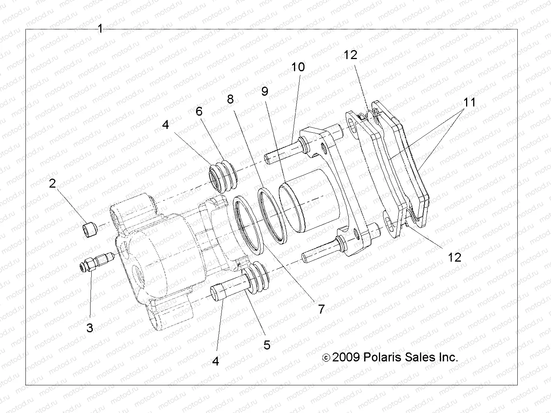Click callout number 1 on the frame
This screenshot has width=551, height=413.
(100, 29)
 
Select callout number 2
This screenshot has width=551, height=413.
(52, 183)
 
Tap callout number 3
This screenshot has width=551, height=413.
(90, 328)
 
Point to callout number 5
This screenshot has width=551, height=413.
(267, 345)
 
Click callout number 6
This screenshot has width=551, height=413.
(199, 111)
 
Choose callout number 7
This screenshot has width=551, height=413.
(321, 309)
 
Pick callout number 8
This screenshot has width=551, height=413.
(230, 99)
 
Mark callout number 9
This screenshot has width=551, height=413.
(265, 91)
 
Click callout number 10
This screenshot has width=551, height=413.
(298, 67)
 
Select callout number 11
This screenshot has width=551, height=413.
(469, 102)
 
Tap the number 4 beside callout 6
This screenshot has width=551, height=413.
(166, 124)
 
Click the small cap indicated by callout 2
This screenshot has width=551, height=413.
(89, 228)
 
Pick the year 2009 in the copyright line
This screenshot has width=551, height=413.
(345, 357)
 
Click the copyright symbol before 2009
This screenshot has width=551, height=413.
(326, 358)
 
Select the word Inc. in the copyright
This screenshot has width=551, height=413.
(446, 357)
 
